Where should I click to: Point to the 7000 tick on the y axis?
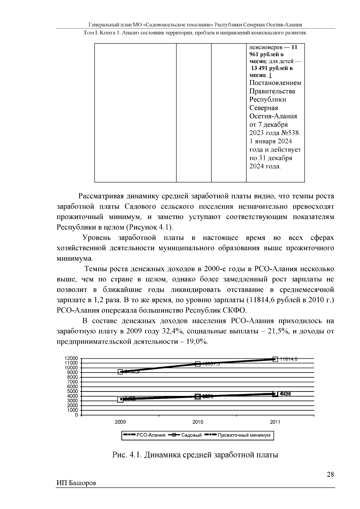pos(73,382)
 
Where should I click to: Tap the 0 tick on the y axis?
pos(76,415)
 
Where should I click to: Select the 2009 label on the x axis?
pos(120,422)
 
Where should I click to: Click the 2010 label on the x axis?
pos(198,422)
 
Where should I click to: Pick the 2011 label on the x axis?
pos(275,422)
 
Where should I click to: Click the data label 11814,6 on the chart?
pos(288,359)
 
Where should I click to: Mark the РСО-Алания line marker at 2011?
pos(275,359)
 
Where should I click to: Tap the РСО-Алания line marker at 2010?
pos(198,364)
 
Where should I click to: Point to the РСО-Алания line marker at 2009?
pos(120,372)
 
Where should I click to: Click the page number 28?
pos(330,475)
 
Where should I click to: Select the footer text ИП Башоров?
pos(76,484)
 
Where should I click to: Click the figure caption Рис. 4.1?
pos(127,455)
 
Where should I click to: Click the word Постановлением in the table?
pos(275,83)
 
